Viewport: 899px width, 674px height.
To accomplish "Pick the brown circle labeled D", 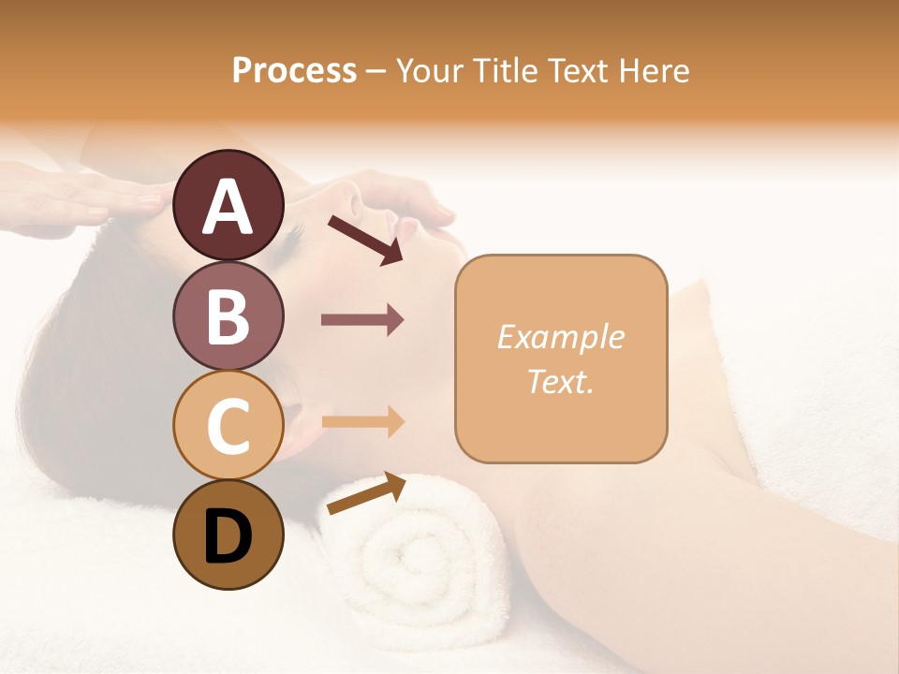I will click(x=228, y=535).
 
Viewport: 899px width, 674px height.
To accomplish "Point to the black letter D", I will click(x=228, y=538).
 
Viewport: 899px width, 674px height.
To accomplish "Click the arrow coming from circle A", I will click(x=365, y=240).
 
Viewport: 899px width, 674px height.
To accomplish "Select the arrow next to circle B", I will click(x=362, y=320).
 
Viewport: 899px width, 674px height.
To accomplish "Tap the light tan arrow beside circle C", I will click(x=362, y=421).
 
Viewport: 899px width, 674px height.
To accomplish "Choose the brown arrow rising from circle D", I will click(x=366, y=493).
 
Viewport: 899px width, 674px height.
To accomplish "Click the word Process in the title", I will click(x=294, y=70).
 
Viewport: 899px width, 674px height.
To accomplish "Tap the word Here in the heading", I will click(x=655, y=70).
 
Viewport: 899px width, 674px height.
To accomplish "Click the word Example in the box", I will click(x=561, y=337).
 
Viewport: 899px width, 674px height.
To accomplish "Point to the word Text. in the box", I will click(x=561, y=381).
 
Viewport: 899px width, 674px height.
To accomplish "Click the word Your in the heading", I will click(x=431, y=70).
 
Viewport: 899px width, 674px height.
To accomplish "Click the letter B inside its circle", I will click(x=228, y=318).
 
